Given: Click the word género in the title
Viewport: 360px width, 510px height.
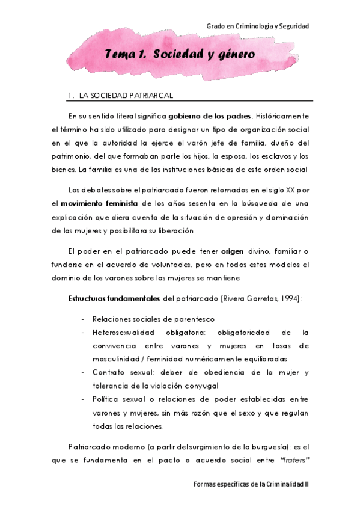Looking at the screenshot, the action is click(x=232, y=54).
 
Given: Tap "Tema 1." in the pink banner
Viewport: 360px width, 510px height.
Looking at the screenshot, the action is click(x=124, y=54).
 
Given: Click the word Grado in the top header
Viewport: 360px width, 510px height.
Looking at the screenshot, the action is click(x=215, y=26).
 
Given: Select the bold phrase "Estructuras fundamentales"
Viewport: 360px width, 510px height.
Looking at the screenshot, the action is click(x=114, y=298).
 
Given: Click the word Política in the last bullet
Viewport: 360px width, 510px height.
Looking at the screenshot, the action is click(x=105, y=399).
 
